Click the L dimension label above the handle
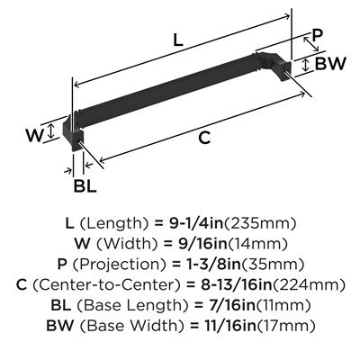178,40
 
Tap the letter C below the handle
204,138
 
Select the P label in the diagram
317,35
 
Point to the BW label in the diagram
331,63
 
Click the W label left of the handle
34,135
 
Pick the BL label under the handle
85,185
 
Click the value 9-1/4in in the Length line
196,223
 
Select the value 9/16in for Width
198,244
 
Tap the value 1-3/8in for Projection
207,264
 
